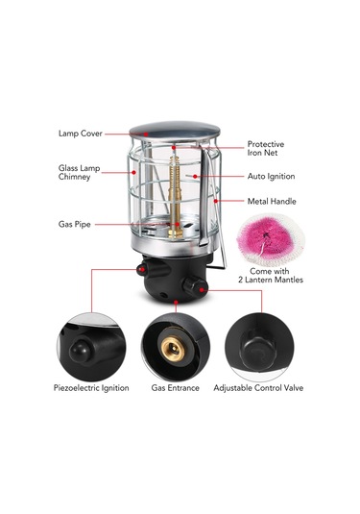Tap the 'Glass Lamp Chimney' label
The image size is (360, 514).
[x=74, y=173]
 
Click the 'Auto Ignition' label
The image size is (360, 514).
[x=271, y=177]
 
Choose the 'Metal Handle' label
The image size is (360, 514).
[x=271, y=202]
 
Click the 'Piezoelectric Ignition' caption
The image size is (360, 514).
[x=90, y=388]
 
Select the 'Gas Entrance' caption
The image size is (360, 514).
[x=175, y=388]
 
